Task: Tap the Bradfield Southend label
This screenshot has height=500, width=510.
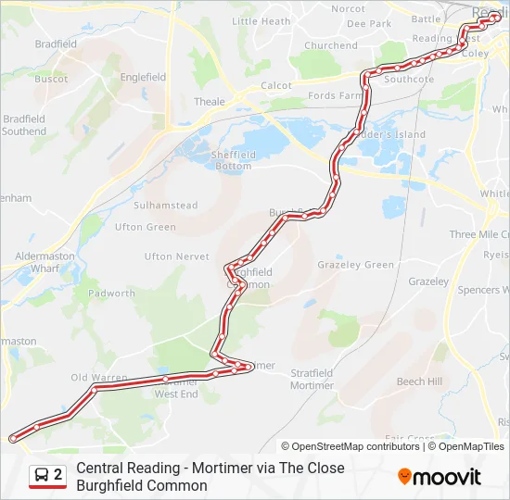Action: point(24,125)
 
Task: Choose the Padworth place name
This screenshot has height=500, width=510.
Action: point(111,294)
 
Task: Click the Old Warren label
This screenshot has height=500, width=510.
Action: point(99,378)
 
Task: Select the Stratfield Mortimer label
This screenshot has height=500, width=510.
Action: point(312,379)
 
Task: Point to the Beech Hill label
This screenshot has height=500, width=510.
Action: point(419,381)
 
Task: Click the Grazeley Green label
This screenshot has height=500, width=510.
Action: point(355,265)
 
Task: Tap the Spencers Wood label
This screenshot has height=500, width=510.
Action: point(483,290)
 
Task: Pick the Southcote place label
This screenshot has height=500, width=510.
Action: point(409,80)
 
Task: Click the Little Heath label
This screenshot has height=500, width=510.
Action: point(261,21)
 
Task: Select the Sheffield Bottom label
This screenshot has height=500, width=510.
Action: point(233,161)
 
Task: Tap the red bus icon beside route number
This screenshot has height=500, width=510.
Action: point(41,476)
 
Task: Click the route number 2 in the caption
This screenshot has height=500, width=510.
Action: point(58,475)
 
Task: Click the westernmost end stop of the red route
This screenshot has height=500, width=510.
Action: point(12,437)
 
